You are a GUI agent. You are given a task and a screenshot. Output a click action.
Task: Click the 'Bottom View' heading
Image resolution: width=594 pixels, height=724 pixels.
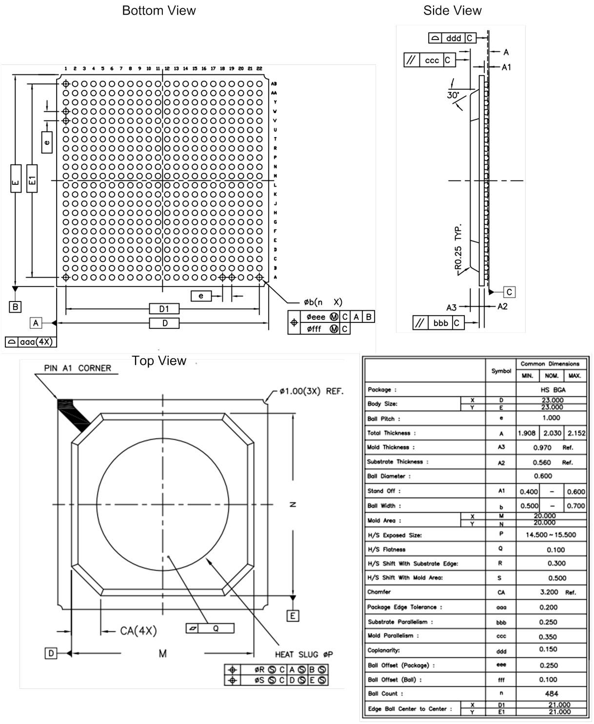click(158, 11)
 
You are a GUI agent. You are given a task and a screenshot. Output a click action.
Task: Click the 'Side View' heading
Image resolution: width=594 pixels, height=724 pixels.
click(452, 11)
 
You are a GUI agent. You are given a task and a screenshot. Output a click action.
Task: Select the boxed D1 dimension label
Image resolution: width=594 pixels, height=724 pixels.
click(164, 309)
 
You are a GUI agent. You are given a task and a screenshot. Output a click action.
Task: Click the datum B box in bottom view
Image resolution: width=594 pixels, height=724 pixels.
click(16, 307)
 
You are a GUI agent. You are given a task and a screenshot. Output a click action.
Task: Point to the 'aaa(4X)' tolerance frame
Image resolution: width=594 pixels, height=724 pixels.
click(31, 342)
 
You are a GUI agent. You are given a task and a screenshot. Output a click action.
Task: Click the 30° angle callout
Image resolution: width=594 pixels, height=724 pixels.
click(453, 95)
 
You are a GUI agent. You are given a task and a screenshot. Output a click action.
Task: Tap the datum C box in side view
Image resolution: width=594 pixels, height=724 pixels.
click(509, 292)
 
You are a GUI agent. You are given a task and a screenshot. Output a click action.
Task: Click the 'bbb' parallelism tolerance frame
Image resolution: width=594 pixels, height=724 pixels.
click(438, 323)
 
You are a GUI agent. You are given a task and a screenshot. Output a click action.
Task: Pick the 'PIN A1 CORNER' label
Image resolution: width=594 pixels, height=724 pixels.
click(78, 368)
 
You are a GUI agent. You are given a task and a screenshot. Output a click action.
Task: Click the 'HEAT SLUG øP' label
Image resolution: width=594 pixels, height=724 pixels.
click(303, 655)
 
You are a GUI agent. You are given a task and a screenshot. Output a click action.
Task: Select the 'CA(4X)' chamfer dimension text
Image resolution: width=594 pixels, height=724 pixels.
click(138, 631)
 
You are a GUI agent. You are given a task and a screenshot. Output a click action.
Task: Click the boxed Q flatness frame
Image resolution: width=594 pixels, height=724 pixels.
click(210, 628)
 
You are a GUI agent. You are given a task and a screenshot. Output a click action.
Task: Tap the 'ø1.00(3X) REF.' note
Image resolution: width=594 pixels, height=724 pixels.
click(312, 391)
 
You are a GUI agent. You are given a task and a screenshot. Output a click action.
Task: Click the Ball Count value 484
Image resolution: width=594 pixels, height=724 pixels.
click(551, 694)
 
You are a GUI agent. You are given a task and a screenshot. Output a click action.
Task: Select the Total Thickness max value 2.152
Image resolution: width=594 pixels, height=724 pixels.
click(576, 433)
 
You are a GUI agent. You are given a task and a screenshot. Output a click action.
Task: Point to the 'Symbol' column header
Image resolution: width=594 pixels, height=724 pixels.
click(501, 371)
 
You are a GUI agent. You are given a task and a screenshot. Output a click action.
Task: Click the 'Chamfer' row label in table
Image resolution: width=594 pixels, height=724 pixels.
click(379, 592)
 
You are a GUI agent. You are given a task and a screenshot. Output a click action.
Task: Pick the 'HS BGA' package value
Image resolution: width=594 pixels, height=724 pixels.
click(551, 390)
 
